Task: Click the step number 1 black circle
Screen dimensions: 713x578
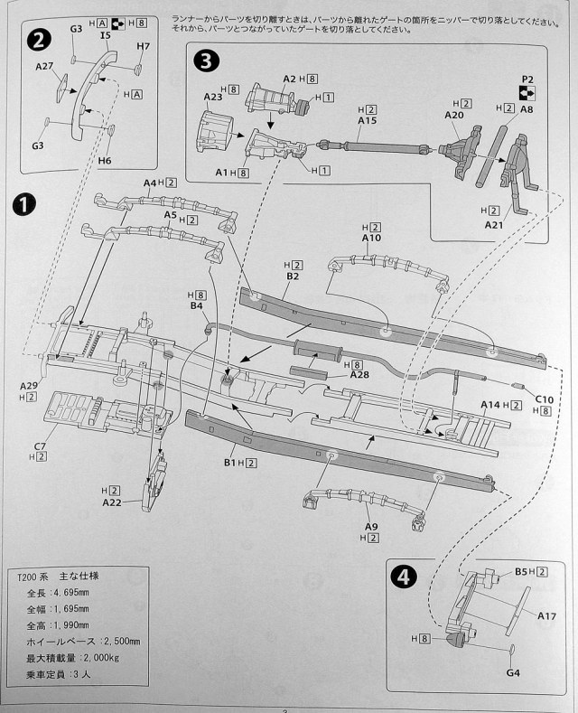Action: [25, 203]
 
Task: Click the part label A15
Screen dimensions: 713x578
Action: [368, 120]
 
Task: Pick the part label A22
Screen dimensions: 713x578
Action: [112, 502]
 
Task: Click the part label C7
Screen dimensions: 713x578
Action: [40, 446]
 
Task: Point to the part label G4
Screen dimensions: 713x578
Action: [512, 672]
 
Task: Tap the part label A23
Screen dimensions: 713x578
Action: [213, 96]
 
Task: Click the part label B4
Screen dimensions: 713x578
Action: [198, 306]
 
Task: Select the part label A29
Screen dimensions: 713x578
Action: [29, 385]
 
